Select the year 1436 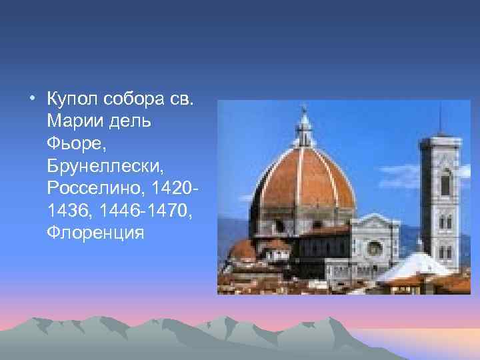(67, 211)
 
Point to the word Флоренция (95, 233)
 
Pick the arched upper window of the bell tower (445, 181)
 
